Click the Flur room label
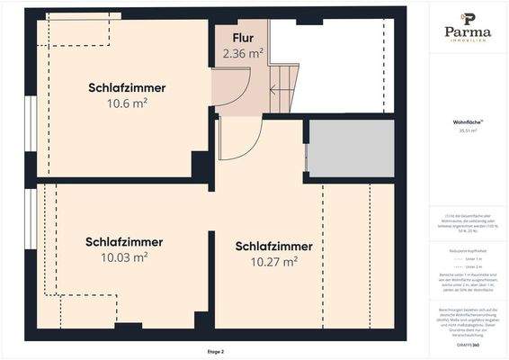243,38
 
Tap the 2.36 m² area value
243,53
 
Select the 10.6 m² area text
127,103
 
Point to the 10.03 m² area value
125,257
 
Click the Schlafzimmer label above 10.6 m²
127,88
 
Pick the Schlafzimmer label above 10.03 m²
124,242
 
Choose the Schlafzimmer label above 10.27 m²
274,247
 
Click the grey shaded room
351,148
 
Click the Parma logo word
469,32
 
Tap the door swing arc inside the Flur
236,90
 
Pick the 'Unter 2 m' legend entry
471,268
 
